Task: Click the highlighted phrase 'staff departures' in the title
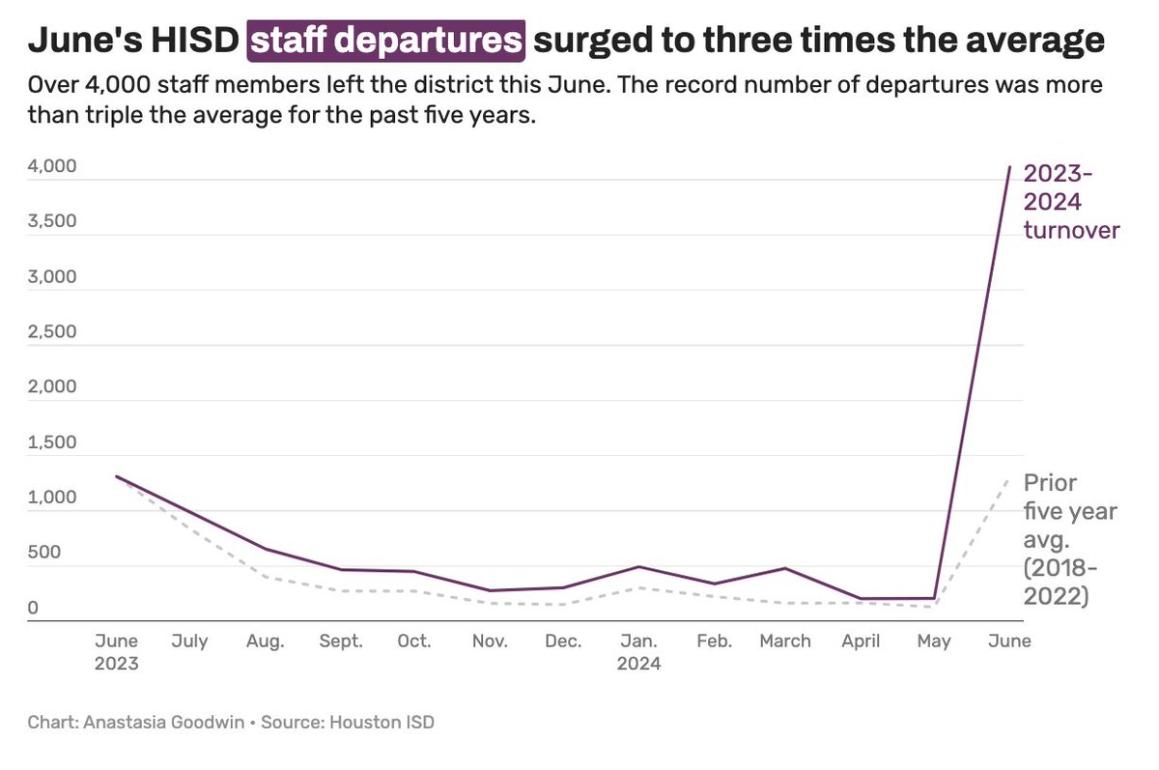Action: [x=386, y=40]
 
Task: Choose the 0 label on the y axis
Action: [x=33, y=609]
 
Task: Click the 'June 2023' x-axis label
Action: [x=116, y=652]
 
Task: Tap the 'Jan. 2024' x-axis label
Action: [x=638, y=652]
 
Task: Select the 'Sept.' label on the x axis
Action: [x=340, y=642]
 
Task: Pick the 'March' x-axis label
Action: [x=785, y=642]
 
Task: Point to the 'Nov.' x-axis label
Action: [x=489, y=642]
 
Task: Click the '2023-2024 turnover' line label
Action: [x=1071, y=202]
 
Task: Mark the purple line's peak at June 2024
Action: [x=1010, y=167]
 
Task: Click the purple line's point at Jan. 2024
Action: [x=638, y=567]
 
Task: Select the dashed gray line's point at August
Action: [x=266, y=578]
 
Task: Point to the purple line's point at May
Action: [x=935, y=598]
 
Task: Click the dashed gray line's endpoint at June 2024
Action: [x=1010, y=475]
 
